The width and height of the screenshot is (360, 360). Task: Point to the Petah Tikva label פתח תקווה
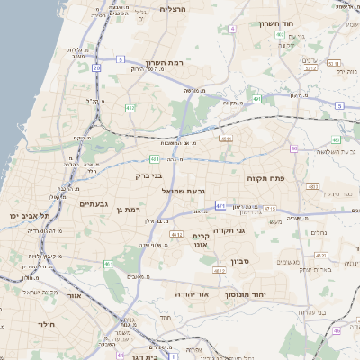click(x=265, y=178)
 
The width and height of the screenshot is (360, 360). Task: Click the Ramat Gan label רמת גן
click(x=130, y=210)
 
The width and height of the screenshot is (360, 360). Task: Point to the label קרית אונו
click(x=200, y=239)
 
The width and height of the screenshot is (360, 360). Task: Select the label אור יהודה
click(x=214, y=293)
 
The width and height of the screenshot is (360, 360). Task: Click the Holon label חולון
click(x=47, y=323)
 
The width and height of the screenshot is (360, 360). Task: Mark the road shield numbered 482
click(x=130, y=107)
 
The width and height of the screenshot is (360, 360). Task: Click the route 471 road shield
click(x=220, y=205)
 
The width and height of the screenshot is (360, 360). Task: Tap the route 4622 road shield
click(x=220, y=269)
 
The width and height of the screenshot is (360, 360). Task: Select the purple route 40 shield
click(x=293, y=148)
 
